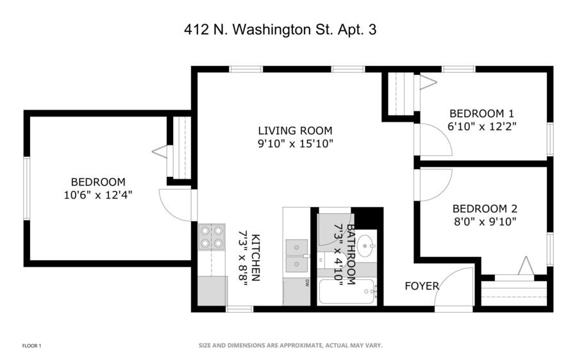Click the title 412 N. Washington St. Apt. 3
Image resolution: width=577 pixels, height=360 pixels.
(x=280, y=29)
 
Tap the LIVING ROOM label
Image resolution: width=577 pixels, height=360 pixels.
(x=295, y=131)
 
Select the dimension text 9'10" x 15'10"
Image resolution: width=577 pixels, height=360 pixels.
(x=295, y=143)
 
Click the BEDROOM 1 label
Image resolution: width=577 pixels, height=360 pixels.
(x=481, y=113)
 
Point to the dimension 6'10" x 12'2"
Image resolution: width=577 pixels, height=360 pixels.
(x=481, y=126)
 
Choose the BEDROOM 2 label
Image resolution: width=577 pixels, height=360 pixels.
(x=485, y=209)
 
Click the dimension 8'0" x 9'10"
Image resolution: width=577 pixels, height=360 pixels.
(x=485, y=222)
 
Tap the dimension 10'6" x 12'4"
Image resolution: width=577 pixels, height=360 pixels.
(x=98, y=195)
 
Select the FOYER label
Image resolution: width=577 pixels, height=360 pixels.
(x=422, y=286)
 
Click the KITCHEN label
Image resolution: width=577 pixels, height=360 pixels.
(x=255, y=258)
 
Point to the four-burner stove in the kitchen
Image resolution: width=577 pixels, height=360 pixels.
(x=212, y=237)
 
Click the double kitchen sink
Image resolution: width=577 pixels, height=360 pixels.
(x=297, y=256)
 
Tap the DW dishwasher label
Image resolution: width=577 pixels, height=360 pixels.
(x=306, y=282)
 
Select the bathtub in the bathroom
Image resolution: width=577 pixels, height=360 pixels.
(x=346, y=291)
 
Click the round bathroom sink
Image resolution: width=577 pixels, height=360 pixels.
(x=366, y=246)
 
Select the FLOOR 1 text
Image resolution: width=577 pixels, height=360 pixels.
(x=31, y=346)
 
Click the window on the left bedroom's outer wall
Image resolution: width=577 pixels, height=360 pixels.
(x=26, y=188)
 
